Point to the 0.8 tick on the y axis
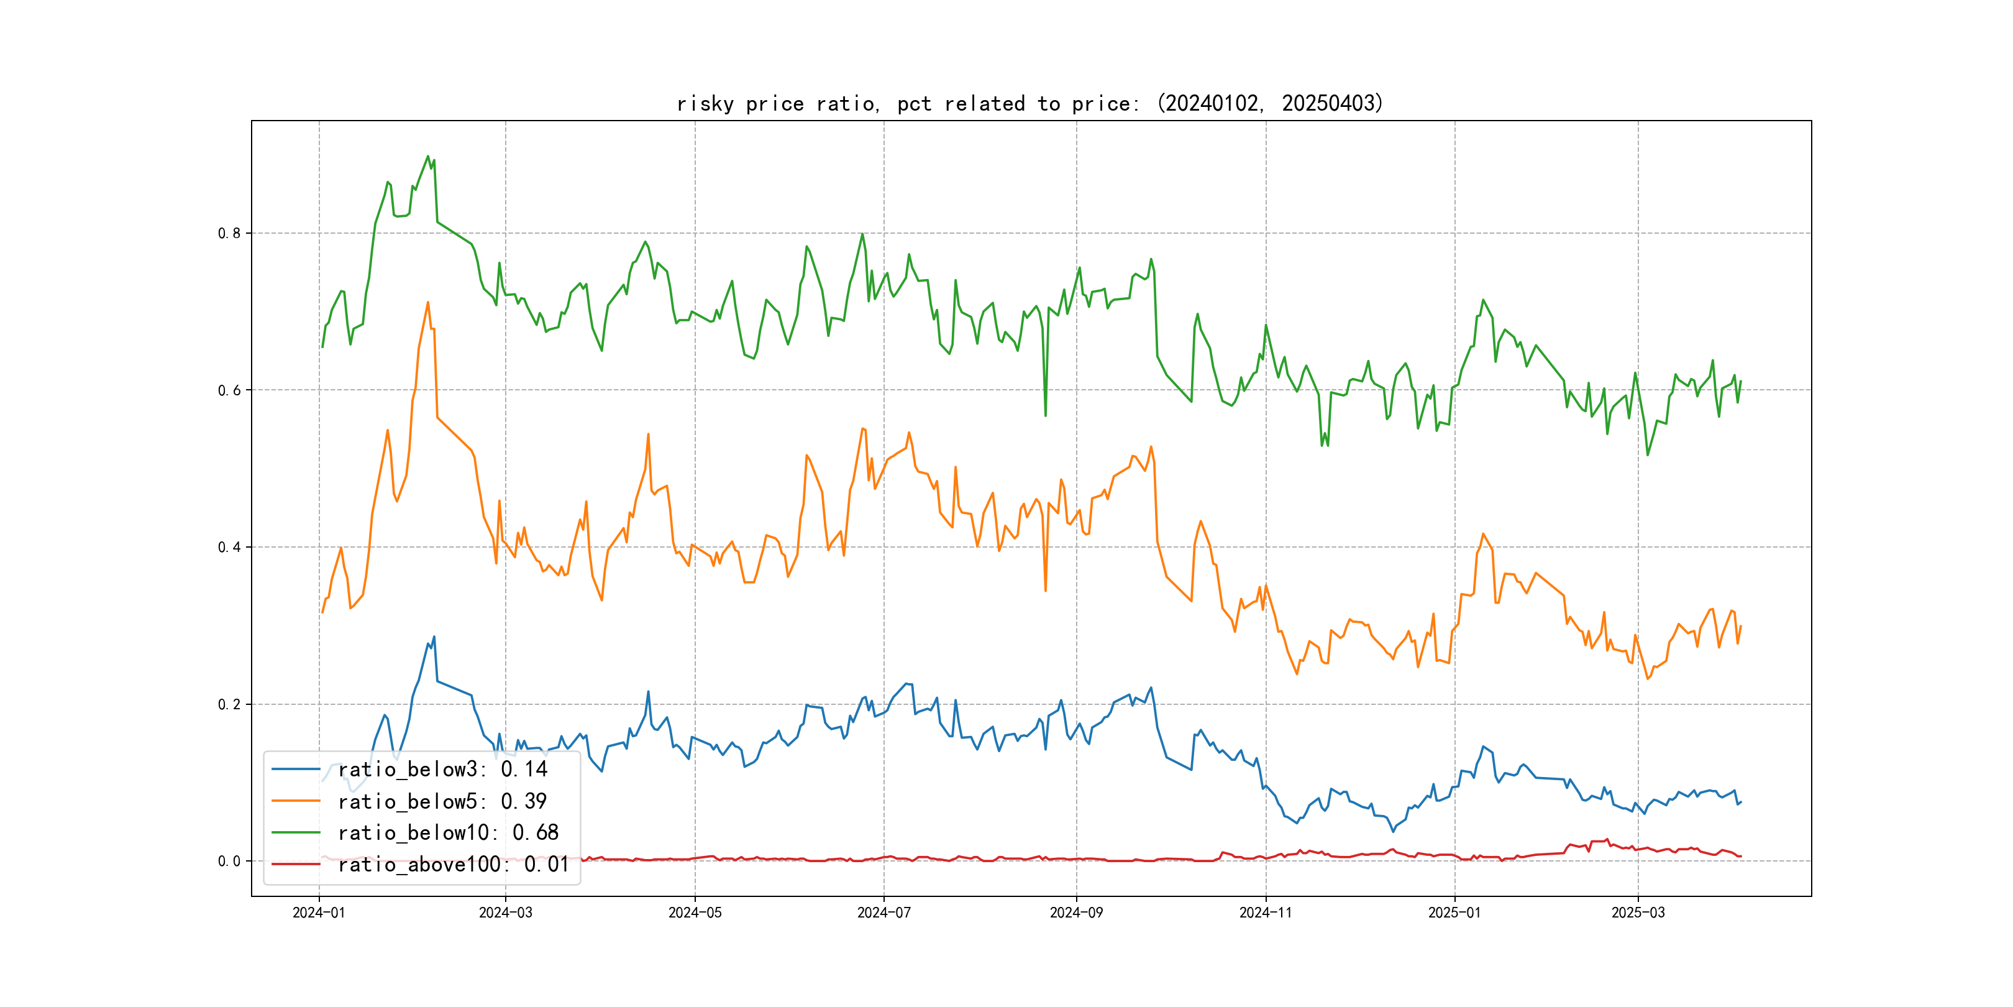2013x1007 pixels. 229,233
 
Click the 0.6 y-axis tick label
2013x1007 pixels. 229,390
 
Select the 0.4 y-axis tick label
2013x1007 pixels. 229,547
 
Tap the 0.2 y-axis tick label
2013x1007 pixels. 229,704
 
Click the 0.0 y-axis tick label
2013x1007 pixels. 229,861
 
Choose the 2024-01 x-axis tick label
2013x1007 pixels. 319,913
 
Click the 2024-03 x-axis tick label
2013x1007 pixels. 506,913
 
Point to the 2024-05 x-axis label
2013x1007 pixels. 695,913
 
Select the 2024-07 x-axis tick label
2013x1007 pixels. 884,913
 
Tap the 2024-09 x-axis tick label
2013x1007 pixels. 1076,913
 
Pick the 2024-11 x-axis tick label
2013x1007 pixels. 1266,913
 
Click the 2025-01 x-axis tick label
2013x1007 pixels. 1454,913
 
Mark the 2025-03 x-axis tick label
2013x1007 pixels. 1638,913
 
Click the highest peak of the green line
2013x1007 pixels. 427,157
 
